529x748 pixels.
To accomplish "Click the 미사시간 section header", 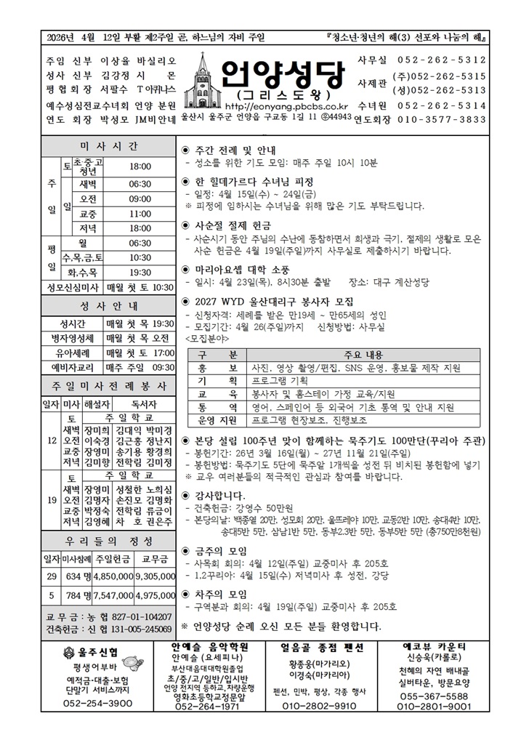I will (109, 146).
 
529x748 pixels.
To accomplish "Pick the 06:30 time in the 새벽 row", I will (140, 184).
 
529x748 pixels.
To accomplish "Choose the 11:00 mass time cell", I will (140, 214).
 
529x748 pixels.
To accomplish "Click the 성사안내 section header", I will (109, 305).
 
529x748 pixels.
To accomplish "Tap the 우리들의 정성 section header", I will (109, 542).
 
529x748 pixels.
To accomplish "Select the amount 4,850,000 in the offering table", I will (113, 576).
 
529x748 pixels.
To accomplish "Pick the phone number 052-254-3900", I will (92, 704).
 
